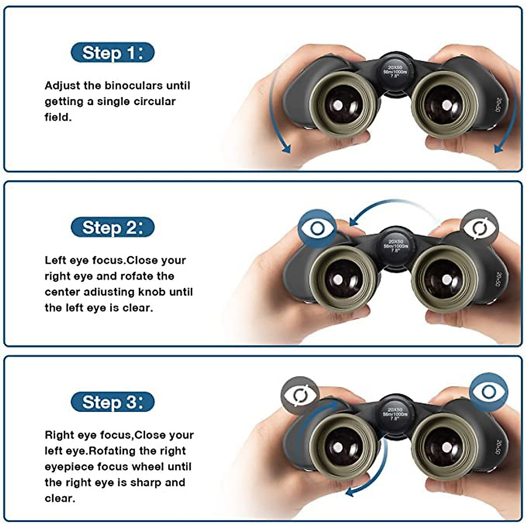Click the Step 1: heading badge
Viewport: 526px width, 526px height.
[112, 53]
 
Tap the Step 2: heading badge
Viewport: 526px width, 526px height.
[112, 227]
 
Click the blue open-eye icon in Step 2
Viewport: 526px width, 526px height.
[317, 228]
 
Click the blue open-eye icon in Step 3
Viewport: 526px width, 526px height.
[488, 391]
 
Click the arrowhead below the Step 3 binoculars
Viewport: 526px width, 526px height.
[350, 492]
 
